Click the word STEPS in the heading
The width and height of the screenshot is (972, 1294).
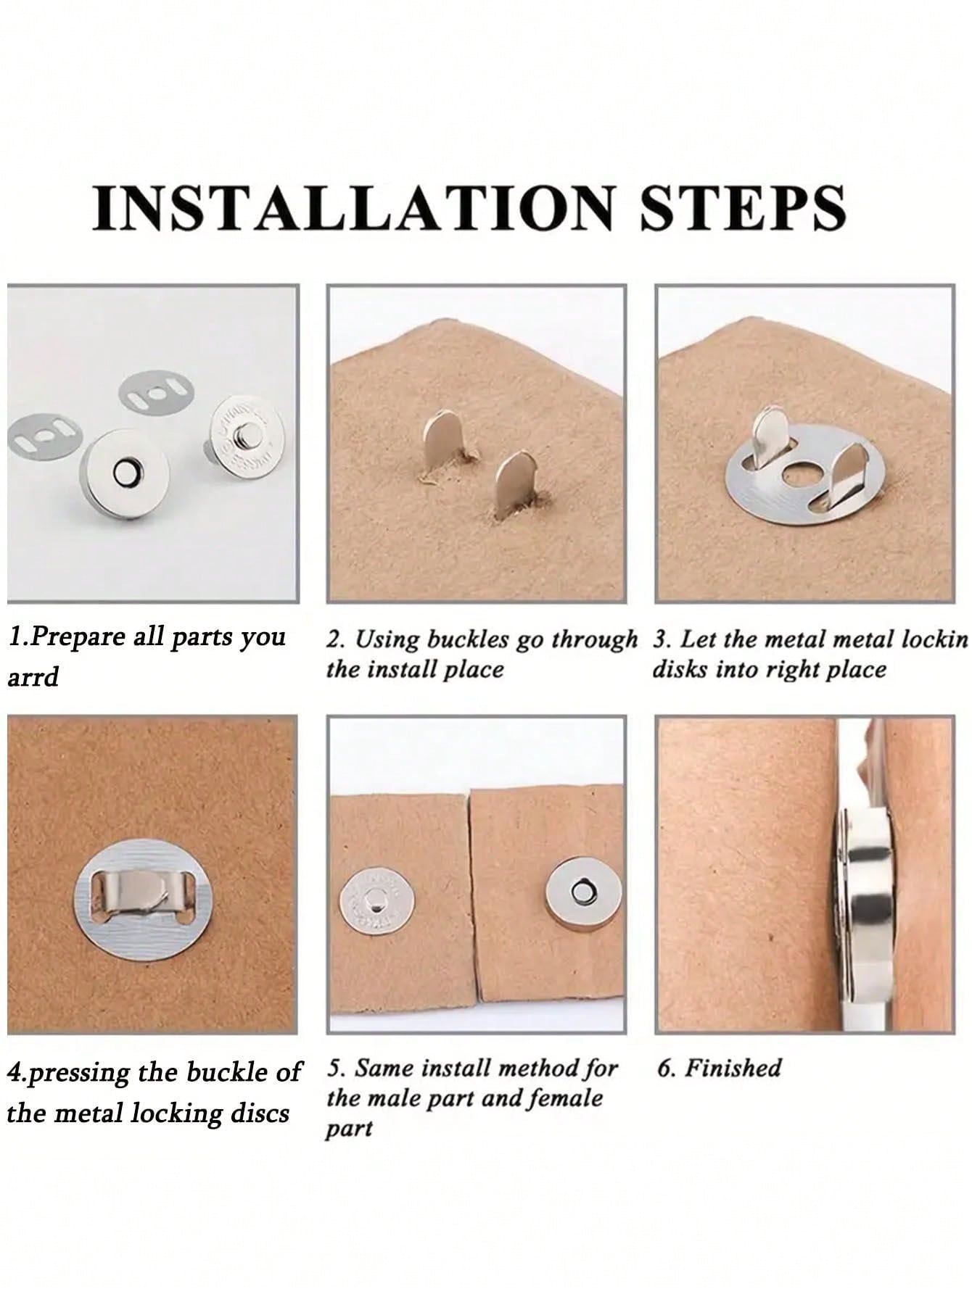(x=743, y=208)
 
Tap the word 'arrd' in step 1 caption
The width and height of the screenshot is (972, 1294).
(x=33, y=678)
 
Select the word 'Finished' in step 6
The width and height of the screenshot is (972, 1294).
(x=733, y=1068)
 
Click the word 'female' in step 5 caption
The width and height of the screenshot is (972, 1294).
(x=566, y=1098)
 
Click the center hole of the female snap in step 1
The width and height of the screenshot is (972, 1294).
(x=125, y=473)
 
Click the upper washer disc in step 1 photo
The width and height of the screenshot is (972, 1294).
(x=156, y=392)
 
